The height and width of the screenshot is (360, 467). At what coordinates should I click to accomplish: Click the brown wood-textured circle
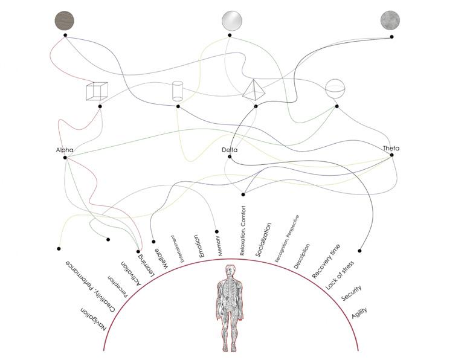65,21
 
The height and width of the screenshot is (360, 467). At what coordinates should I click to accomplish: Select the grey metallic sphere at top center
231,21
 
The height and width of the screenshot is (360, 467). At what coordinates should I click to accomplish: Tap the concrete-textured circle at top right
390,21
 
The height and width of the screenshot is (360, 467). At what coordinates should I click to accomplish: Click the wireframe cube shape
97,91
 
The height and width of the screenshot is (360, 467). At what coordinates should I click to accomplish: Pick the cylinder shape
178,91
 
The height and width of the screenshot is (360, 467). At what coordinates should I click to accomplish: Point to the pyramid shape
254,89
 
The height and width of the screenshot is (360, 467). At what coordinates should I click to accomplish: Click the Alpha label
65,149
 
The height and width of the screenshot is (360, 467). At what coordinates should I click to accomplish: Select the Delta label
230,149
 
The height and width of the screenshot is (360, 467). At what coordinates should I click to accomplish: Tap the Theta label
391,148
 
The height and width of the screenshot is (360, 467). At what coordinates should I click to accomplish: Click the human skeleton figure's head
228,269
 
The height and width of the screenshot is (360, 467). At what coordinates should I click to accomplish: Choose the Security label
351,294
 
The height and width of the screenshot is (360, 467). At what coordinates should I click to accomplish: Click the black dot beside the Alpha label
65,158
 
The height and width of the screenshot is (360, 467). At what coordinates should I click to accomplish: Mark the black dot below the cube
100,106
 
